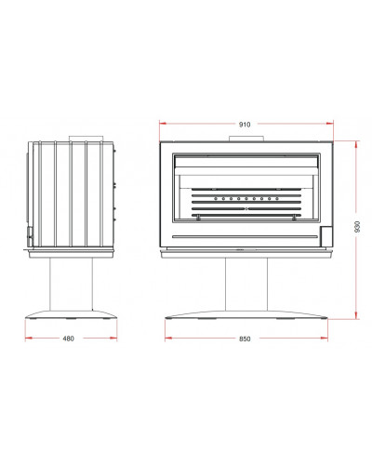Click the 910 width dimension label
point(245,125)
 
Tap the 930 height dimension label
point(357,227)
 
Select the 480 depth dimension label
point(68,339)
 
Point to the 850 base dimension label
point(245,339)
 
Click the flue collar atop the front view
point(246,139)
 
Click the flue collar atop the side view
point(86,139)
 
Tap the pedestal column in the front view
point(246,284)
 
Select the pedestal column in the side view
point(71,284)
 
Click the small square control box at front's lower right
point(326,235)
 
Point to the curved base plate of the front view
point(246,314)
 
